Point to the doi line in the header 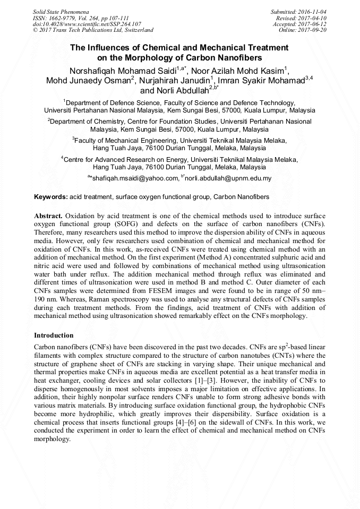87,24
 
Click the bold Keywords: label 51,197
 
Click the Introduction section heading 54,335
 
